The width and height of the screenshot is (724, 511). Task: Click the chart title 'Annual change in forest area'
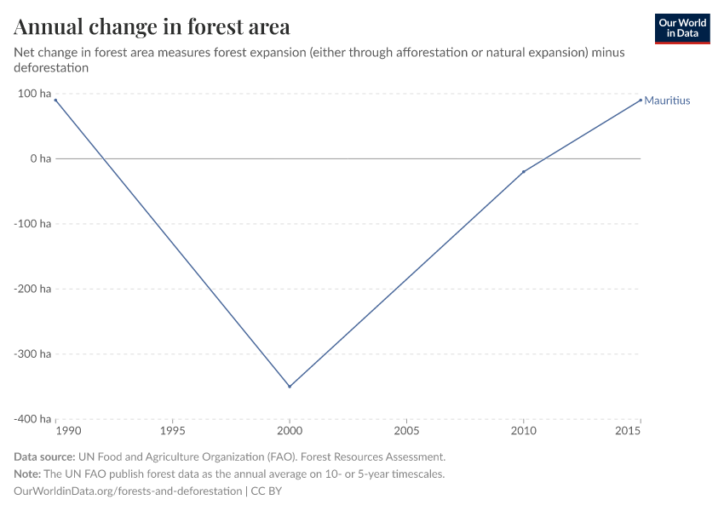click(x=152, y=26)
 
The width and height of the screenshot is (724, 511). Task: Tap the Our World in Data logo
click(x=681, y=28)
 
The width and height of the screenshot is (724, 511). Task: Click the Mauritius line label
click(x=667, y=100)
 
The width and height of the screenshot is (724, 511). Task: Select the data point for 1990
click(x=56, y=100)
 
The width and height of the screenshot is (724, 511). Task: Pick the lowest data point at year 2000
click(x=290, y=387)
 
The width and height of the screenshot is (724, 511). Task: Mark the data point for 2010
click(x=524, y=172)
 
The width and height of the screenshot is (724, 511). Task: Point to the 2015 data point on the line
click(x=641, y=100)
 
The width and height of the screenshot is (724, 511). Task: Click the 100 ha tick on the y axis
click(x=33, y=94)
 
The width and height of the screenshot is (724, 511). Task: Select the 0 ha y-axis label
click(x=40, y=158)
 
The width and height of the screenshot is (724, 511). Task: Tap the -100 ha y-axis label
click(x=32, y=224)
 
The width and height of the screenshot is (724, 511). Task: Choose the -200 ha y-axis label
click(x=32, y=289)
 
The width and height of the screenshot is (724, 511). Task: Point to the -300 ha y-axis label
click(x=32, y=353)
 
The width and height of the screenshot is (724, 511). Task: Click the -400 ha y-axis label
click(x=32, y=419)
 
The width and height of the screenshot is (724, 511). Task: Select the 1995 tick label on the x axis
click(x=173, y=432)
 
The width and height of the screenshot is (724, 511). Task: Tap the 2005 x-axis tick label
click(x=407, y=432)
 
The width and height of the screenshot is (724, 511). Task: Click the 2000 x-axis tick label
click(x=290, y=432)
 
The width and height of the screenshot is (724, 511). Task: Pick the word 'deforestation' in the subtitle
click(x=51, y=67)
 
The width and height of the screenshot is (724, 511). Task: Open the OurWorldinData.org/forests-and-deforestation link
click(x=128, y=491)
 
